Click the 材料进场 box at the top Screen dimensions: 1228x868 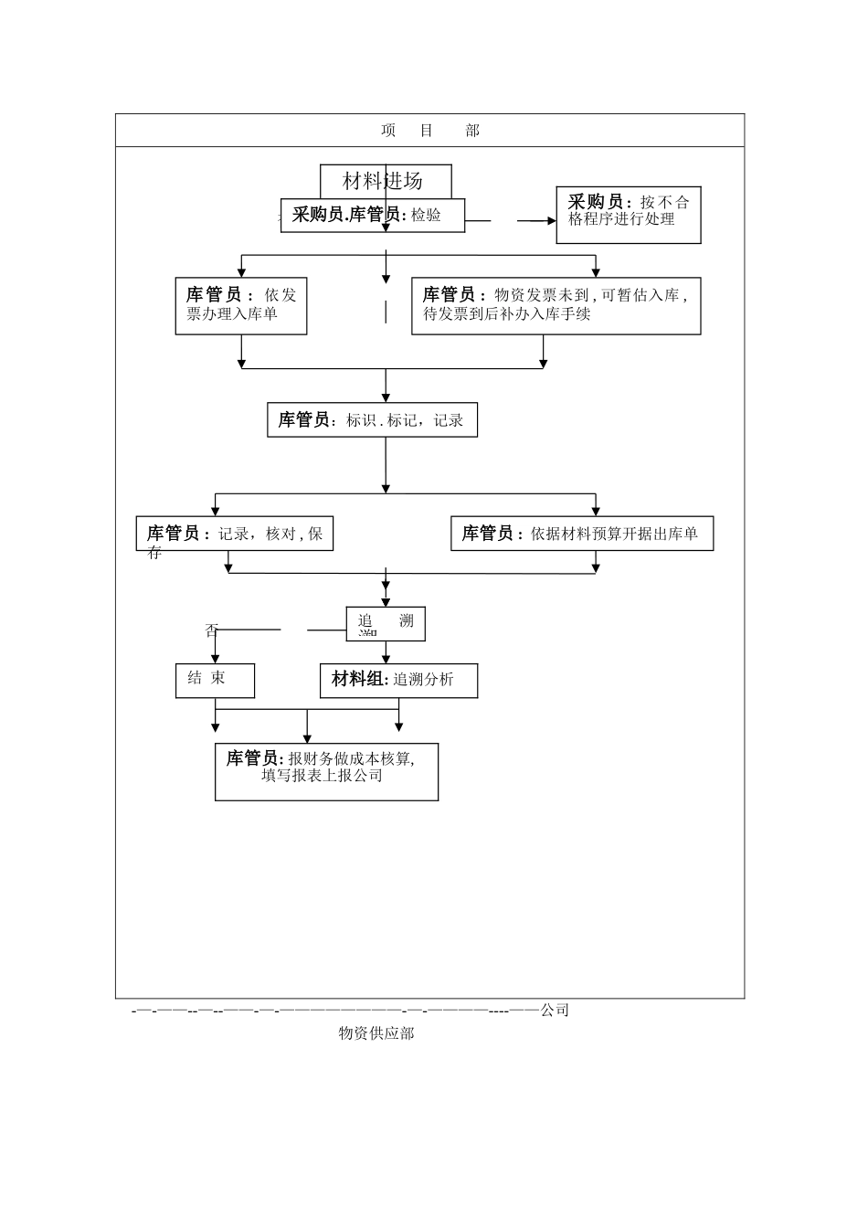(x=385, y=180)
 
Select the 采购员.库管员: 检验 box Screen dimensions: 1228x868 (x=372, y=216)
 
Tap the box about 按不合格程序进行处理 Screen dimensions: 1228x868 (x=628, y=215)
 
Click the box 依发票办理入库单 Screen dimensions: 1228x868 (x=240, y=306)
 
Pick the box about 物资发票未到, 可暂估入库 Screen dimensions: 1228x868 (x=556, y=306)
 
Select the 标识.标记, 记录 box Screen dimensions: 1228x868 (x=372, y=420)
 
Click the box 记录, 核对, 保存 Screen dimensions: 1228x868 (x=235, y=535)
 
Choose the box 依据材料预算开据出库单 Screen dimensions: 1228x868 (x=581, y=534)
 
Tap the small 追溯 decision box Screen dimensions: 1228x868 (x=386, y=623)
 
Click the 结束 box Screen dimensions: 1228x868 (x=215, y=680)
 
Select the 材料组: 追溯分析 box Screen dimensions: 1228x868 (x=398, y=680)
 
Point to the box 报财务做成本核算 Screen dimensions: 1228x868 (x=326, y=772)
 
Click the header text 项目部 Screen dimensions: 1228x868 (x=429, y=131)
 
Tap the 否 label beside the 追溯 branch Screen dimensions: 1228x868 (x=212, y=630)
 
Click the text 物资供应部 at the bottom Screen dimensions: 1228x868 (x=376, y=1033)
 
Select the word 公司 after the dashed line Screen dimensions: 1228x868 (x=555, y=1011)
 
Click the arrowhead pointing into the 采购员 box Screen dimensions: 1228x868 (x=550, y=221)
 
